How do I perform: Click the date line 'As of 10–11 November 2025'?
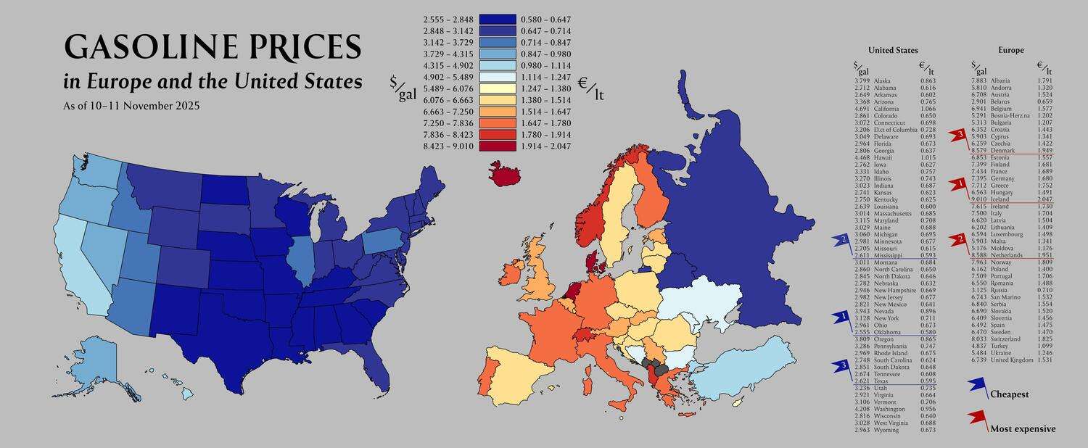click(131, 106)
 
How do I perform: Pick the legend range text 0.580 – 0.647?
click(546, 20)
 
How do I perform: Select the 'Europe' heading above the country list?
click(1010, 50)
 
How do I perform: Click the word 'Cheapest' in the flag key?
click(1009, 394)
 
